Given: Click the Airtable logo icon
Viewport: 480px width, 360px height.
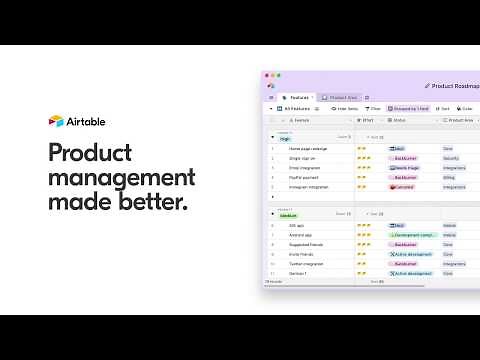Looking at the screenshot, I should (56, 121).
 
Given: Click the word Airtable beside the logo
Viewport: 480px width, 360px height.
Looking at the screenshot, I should (86, 121).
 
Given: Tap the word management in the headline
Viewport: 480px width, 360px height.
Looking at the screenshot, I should (121, 179).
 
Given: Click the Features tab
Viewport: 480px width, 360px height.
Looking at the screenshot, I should (296, 97).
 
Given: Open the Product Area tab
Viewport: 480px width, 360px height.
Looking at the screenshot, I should (344, 97).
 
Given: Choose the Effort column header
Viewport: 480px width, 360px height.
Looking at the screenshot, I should (368, 120).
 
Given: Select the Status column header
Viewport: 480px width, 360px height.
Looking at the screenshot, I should (399, 120).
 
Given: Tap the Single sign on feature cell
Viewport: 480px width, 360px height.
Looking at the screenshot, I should (302, 158).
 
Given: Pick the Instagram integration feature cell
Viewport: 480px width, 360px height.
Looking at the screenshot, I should (309, 187).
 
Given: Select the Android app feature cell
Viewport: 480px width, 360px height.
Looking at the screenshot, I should (300, 235).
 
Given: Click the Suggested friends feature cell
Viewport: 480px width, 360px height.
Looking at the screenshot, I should (306, 245).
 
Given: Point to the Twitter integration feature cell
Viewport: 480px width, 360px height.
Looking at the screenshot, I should (307, 264).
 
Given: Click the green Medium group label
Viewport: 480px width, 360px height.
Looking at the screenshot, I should (287, 215).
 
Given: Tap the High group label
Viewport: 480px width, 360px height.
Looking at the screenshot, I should (285, 138).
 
